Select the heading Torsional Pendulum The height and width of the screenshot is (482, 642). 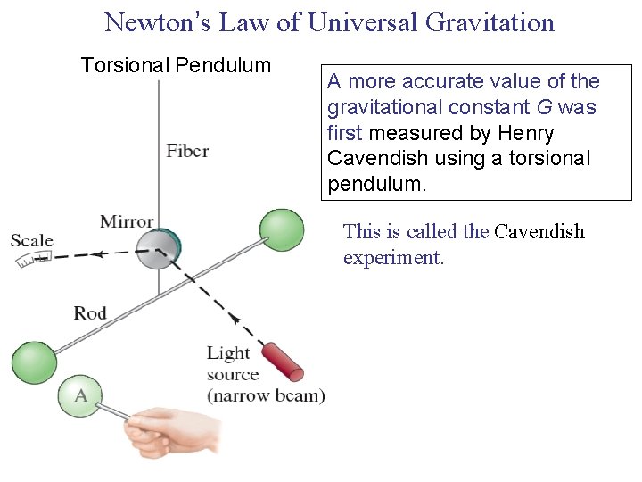(176, 65)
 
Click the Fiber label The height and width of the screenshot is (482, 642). (187, 150)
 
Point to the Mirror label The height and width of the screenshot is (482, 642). (127, 221)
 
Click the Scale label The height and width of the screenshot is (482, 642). (31, 241)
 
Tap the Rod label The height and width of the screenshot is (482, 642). (90, 313)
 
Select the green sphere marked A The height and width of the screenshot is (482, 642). (80, 395)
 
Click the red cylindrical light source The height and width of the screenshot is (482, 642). (283, 361)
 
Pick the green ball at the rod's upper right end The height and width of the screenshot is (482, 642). (282, 229)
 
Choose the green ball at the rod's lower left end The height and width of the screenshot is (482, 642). (33, 362)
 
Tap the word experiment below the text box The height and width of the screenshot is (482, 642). (393, 259)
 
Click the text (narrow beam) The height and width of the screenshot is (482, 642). (266, 395)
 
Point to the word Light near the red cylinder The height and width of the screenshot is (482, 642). (228, 353)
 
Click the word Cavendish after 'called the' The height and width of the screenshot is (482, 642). (539, 232)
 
